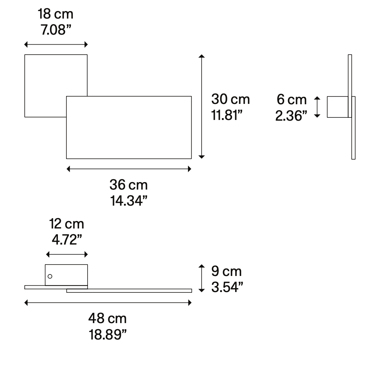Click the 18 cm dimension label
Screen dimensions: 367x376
tap(55, 15)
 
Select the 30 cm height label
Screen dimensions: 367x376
tap(231, 99)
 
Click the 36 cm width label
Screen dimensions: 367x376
tap(128, 185)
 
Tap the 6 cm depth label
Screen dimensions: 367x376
tap(292, 99)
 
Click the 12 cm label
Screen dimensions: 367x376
tap(66, 224)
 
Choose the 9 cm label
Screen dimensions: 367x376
tap(227, 272)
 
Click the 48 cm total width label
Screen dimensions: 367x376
tap(108, 318)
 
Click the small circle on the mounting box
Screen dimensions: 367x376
tap(50, 276)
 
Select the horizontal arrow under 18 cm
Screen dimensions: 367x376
tap(56, 44)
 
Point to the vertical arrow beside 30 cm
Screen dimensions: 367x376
tap(202, 106)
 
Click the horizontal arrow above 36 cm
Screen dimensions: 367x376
tap(129, 169)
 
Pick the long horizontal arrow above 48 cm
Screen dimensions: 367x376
tap(108, 303)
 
